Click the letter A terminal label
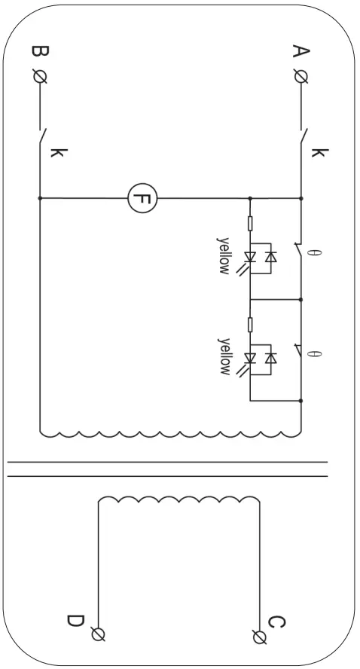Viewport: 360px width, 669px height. tap(301, 52)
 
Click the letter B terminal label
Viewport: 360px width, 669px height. tap(39, 52)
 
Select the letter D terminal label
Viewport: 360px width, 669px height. tap(75, 622)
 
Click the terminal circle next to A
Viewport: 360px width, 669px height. tap(301, 76)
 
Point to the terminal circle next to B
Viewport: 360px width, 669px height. tap(39, 76)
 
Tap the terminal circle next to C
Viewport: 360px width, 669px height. tap(260, 637)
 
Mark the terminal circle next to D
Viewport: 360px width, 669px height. tap(97, 634)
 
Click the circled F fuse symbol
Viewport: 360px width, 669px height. tap(141, 199)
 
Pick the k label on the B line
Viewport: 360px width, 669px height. tap(57, 153)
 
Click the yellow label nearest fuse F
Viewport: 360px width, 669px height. tap(224, 256)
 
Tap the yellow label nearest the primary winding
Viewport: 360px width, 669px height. tap(224, 356)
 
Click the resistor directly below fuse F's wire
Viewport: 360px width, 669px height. tap(250, 224)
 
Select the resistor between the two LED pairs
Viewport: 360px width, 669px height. tap(250, 324)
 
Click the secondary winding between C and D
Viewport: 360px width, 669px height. tap(178, 500)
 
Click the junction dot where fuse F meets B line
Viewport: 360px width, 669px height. tap(39, 199)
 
